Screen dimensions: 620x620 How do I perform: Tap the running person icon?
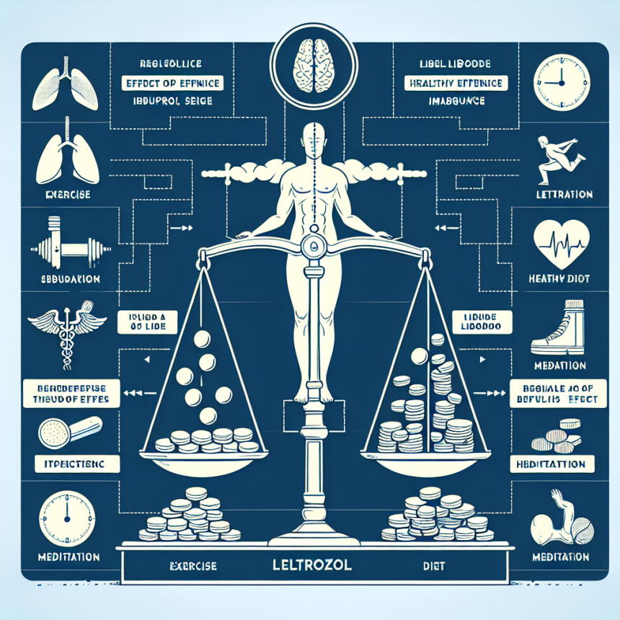559,159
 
